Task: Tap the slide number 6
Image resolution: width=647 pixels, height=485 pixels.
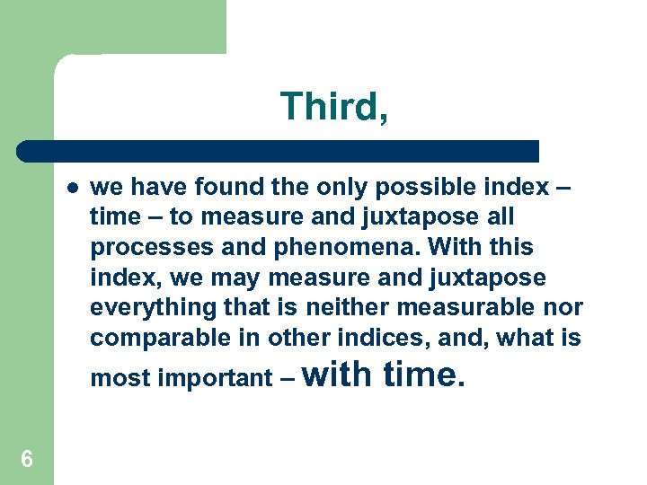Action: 27,460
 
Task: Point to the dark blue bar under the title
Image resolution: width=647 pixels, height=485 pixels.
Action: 279,151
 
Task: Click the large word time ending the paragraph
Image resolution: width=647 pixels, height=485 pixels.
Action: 420,374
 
